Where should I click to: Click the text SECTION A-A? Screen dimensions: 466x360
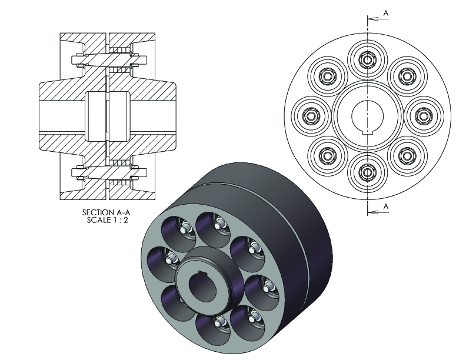106,212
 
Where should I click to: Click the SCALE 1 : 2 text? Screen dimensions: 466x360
107,220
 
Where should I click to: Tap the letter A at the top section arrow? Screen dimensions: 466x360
386,13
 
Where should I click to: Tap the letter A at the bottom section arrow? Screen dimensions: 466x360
386,206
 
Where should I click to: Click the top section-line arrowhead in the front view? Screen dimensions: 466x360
373,19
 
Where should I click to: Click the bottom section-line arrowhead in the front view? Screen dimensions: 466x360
373,212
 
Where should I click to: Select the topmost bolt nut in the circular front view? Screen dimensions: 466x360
368,60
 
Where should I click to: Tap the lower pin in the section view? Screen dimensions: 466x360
108,172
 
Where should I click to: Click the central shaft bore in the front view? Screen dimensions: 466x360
368,116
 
